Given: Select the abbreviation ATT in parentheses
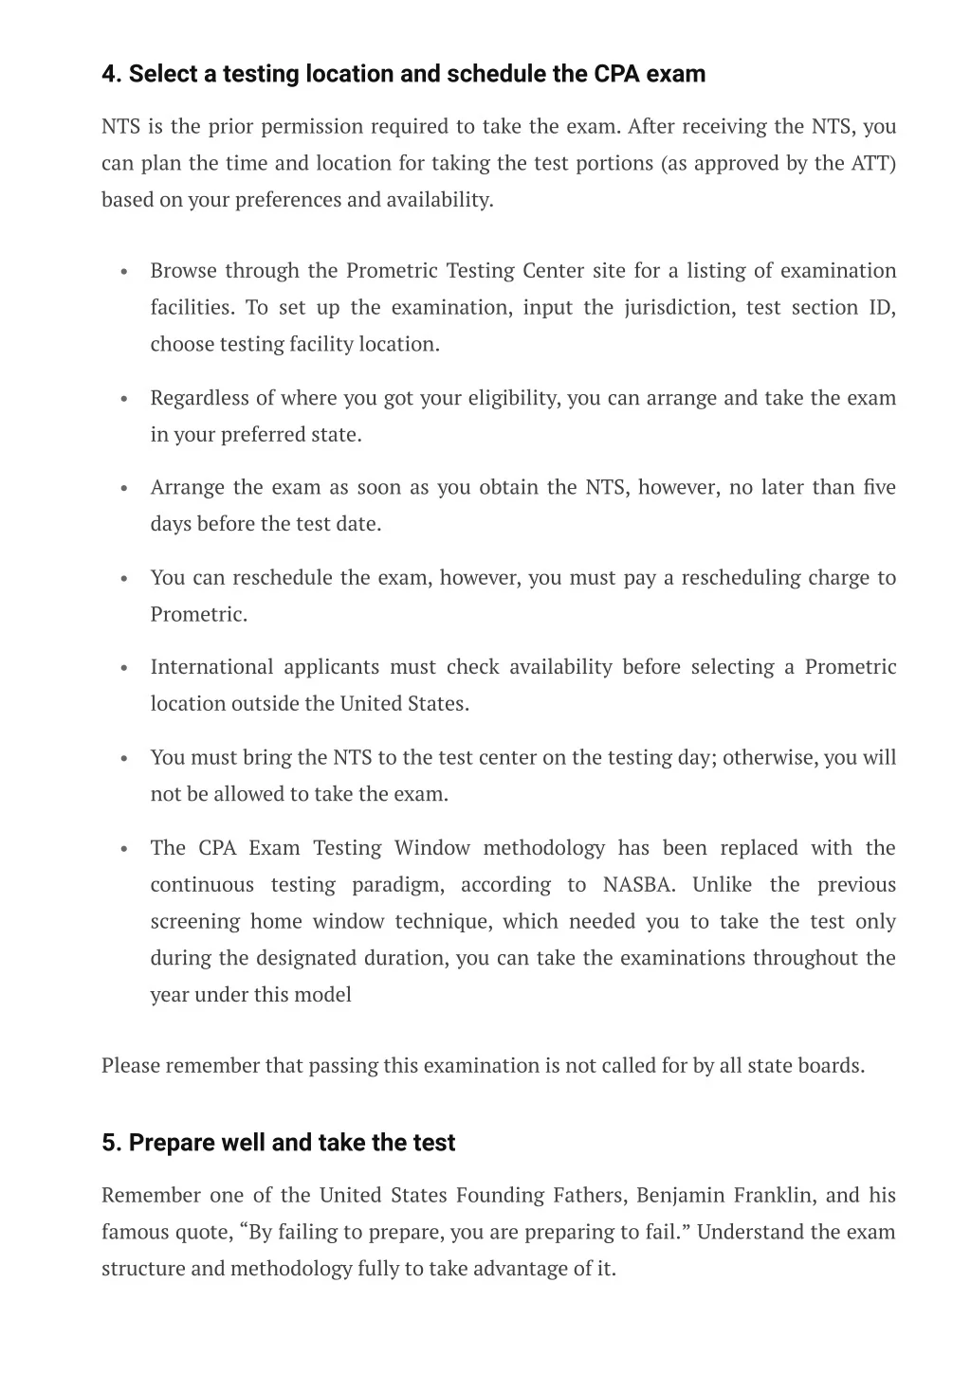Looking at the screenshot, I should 870,163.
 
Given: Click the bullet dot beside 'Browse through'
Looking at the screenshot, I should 124,272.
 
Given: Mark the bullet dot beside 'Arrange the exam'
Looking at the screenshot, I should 124,489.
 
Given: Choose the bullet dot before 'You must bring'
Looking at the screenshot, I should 124,759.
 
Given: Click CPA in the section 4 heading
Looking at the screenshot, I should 617,74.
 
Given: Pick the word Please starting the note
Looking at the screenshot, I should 131,1066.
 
